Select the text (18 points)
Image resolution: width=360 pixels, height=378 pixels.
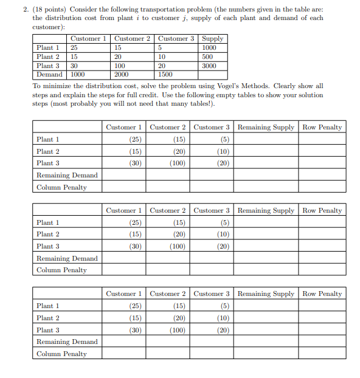(x=44, y=9)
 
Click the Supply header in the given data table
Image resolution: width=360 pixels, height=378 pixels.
(x=213, y=38)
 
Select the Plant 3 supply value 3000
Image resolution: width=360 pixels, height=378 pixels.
(x=210, y=66)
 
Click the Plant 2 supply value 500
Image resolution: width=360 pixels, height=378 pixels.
(x=209, y=57)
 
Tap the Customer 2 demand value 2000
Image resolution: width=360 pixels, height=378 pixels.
(x=121, y=75)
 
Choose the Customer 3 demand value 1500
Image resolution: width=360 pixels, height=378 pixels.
(x=165, y=75)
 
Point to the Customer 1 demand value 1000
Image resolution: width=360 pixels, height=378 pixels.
(x=78, y=75)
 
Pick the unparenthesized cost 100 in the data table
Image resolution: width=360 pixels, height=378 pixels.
(x=119, y=66)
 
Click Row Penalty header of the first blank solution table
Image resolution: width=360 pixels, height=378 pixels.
(x=322, y=127)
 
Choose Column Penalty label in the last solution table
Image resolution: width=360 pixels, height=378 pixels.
(x=61, y=354)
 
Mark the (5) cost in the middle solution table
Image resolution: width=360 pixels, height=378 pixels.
(x=224, y=222)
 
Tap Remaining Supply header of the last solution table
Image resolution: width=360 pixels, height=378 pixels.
(x=265, y=294)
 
